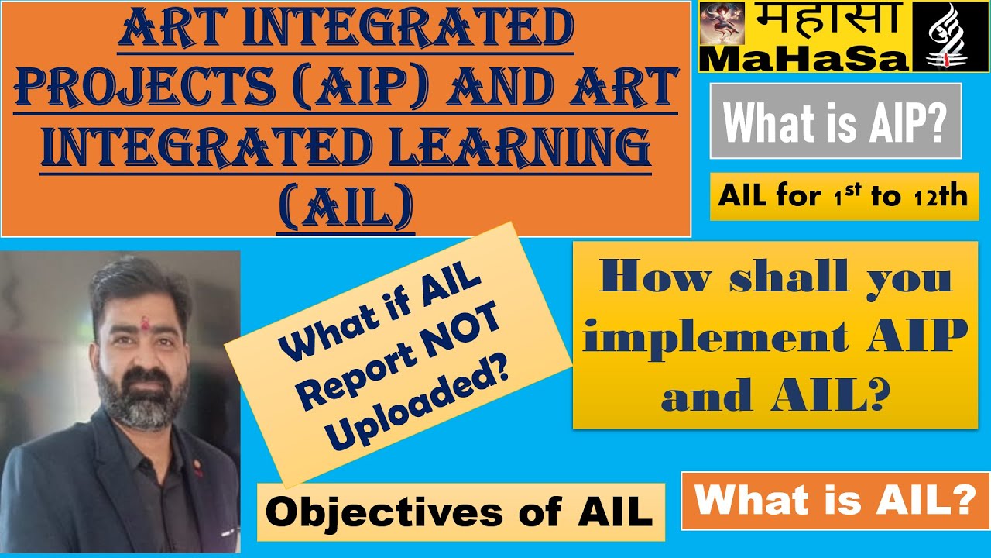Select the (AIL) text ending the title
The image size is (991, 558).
345,207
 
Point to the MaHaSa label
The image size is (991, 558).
805,58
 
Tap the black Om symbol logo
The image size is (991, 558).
949,36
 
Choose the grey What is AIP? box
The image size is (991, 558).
835,121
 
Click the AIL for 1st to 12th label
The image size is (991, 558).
843,197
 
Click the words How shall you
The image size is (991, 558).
774,277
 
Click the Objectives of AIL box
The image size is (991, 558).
460,512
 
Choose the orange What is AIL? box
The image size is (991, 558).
835,501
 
